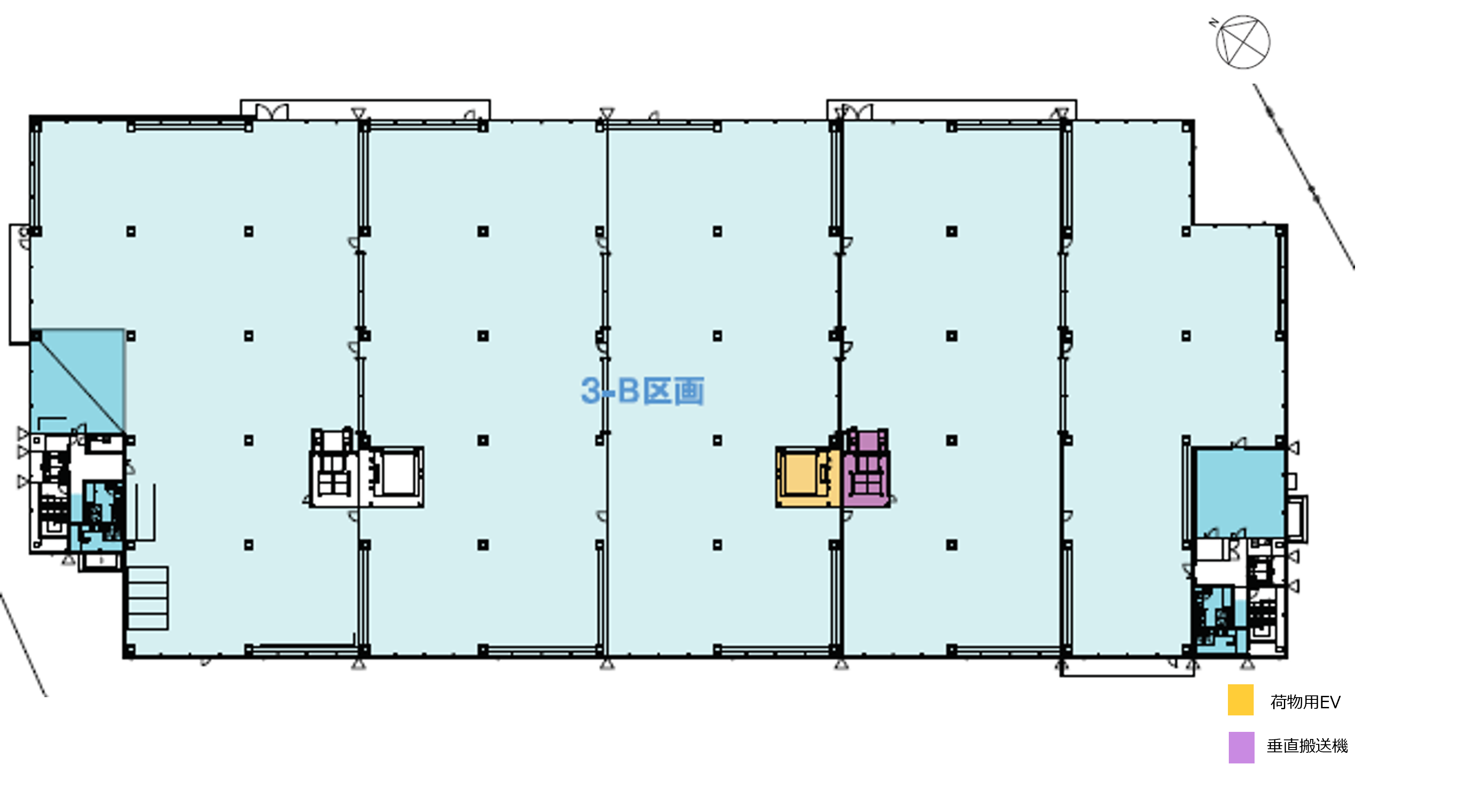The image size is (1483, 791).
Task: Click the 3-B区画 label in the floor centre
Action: pyautogui.click(x=643, y=391)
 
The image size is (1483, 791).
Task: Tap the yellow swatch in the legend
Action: pyautogui.click(x=1241, y=699)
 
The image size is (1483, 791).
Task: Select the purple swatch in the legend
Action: pyautogui.click(x=1241, y=747)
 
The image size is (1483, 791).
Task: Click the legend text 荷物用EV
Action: pyautogui.click(x=1305, y=702)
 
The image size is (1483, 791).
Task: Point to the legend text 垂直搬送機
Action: pyautogui.click(x=1307, y=746)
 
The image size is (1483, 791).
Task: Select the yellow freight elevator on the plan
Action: pyautogui.click(x=807, y=477)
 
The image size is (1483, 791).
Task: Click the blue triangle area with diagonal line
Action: pyautogui.click(x=77, y=381)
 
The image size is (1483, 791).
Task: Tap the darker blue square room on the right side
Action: pyautogui.click(x=1241, y=494)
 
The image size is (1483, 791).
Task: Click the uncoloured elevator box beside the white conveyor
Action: pyautogui.click(x=396, y=477)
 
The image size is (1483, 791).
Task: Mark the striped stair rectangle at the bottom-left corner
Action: pyautogui.click(x=148, y=598)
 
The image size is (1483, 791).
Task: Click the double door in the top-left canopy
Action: pyautogui.click(x=272, y=111)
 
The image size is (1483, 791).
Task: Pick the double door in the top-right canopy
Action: pyautogui.click(x=857, y=111)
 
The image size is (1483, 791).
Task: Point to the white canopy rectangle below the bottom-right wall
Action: pyautogui.click(x=1127, y=667)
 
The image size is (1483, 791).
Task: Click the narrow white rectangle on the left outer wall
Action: pyautogui.click(x=19, y=284)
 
